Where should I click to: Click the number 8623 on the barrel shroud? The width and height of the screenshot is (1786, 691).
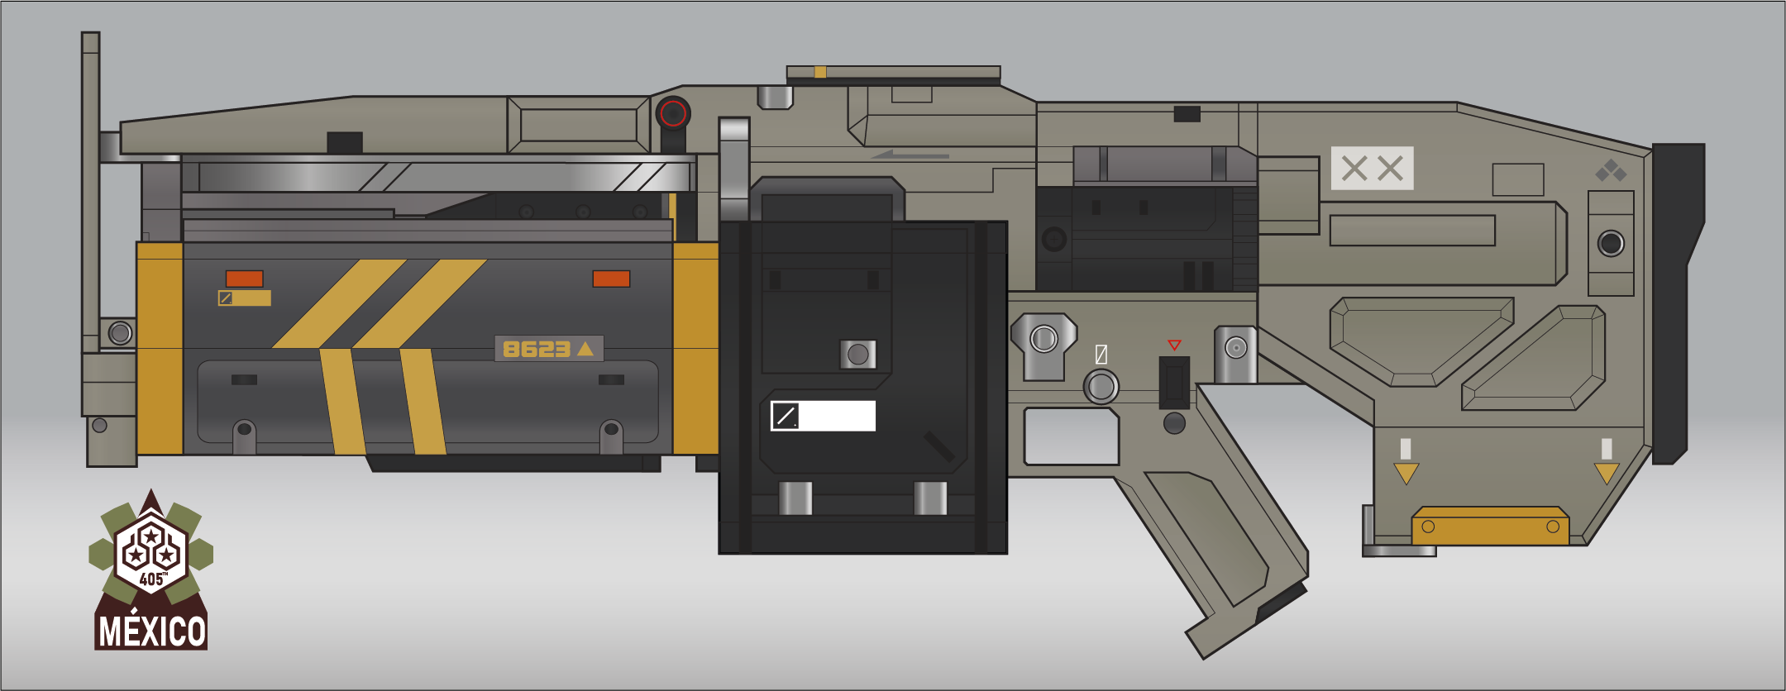click(x=536, y=349)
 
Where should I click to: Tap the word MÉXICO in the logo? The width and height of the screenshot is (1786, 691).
click(x=151, y=631)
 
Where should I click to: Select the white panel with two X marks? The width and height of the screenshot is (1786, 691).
click(x=1372, y=169)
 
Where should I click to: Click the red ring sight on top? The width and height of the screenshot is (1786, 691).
click(x=673, y=113)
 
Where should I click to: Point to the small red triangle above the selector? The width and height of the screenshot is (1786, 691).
click(x=1174, y=345)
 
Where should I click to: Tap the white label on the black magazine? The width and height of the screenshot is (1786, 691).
click(x=823, y=416)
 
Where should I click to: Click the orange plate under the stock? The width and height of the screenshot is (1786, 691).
click(x=1490, y=527)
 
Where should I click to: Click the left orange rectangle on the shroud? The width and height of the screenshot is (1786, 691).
click(x=245, y=279)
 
